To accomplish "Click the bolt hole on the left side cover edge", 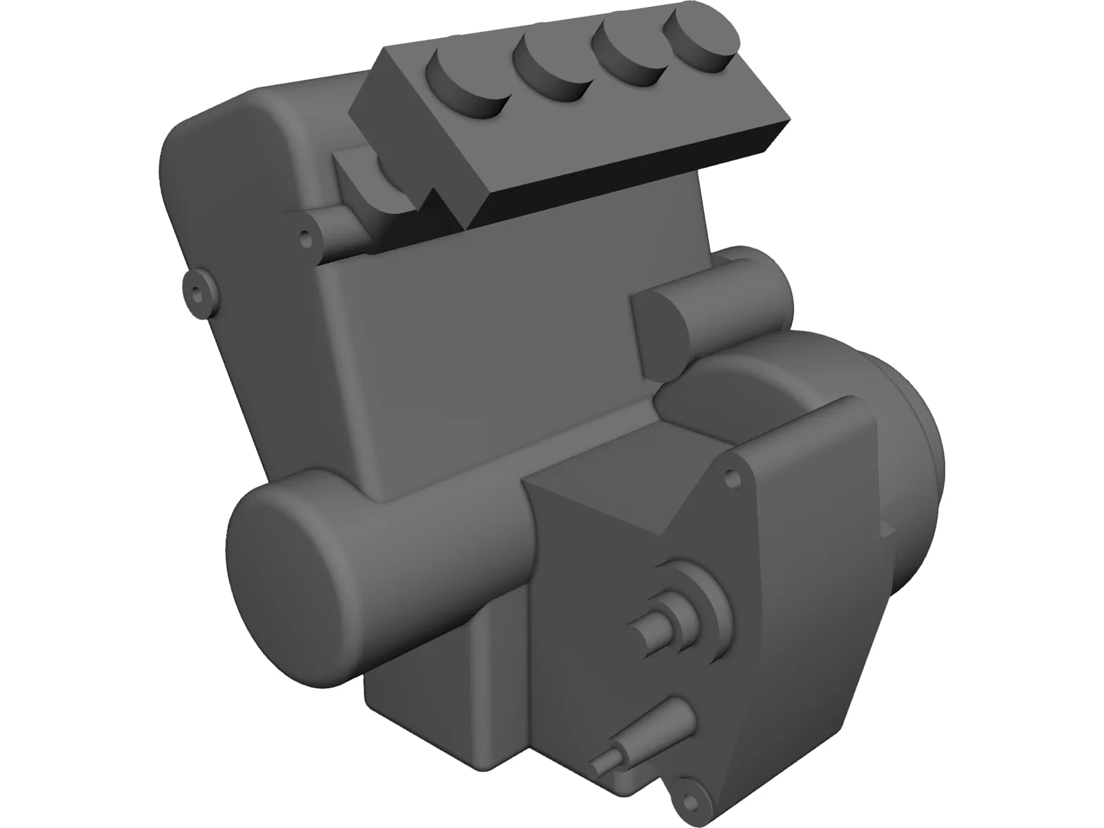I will click(x=197, y=295).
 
